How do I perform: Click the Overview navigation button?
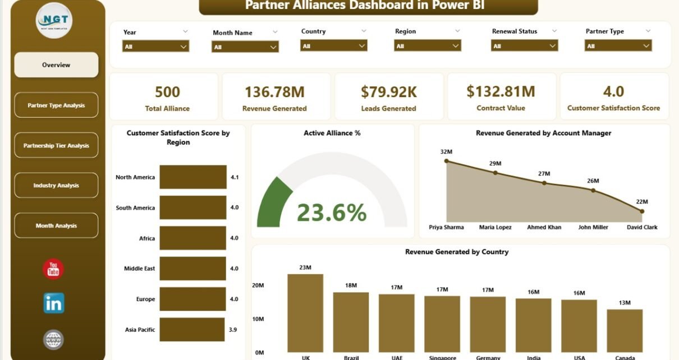[56, 65]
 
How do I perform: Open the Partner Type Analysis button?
[56, 105]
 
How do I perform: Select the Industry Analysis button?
[56, 186]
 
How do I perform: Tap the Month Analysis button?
[56, 226]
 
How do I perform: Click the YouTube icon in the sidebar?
[53, 270]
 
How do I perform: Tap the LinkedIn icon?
[54, 303]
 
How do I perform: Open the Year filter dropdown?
[156, 47]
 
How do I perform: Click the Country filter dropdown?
[334, 46]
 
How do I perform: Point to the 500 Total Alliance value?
[167, 92]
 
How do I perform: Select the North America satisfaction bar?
[193, 177]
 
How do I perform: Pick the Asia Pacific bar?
[192, 330]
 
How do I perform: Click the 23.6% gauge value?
[332, 213]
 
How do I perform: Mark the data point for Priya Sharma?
[447, 161]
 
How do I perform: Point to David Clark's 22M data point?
[642, 211]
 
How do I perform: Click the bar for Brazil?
[351, 322]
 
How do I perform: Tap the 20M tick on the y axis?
[258, 285]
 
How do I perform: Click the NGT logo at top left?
[54, 21]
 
